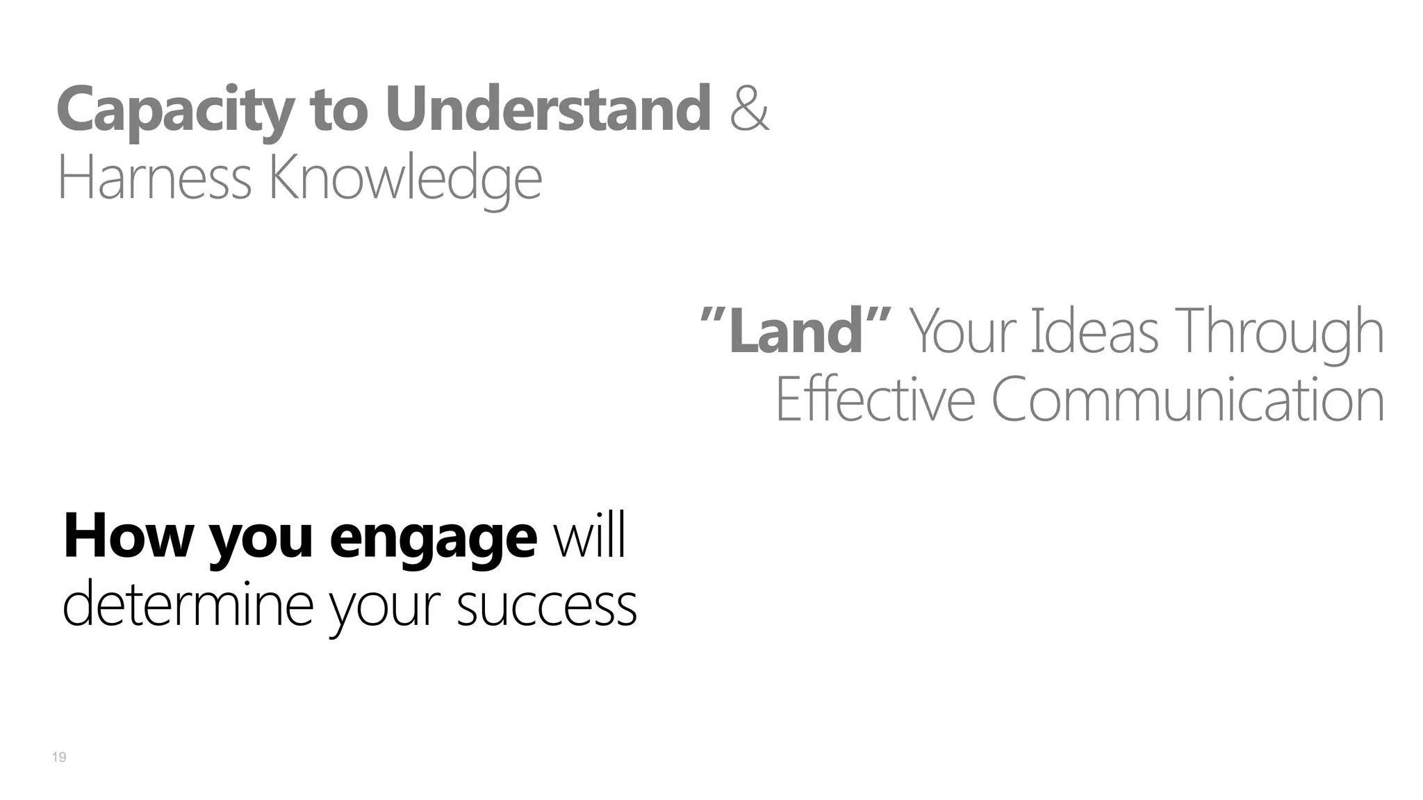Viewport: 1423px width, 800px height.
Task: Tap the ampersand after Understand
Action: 750,110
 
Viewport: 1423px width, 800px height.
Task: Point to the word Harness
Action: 154,178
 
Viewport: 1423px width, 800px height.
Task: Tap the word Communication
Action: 1187,399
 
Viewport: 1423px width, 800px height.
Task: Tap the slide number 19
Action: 59,757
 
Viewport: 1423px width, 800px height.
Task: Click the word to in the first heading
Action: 338,110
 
